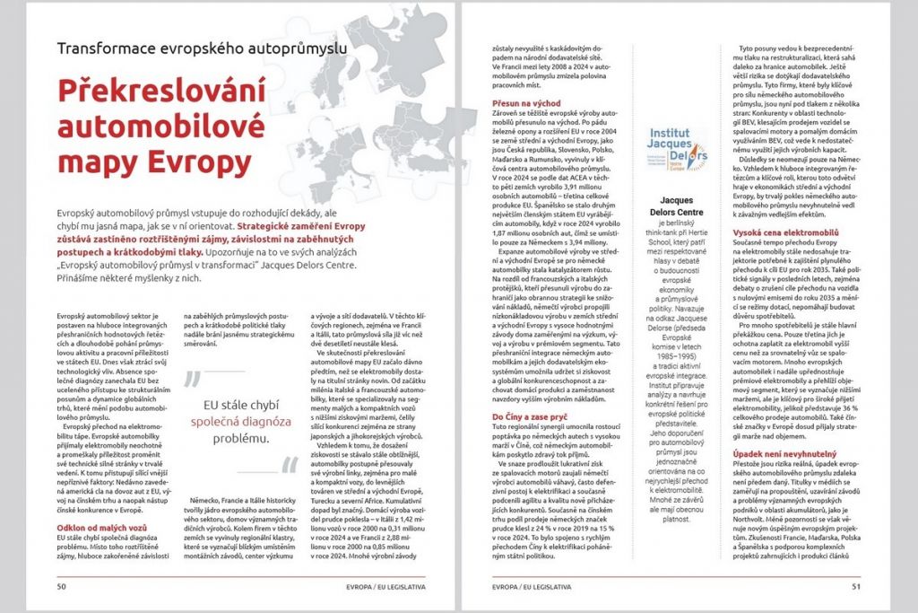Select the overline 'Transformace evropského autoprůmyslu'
(x=202, y=49)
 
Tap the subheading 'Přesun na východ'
(x=529, y=105)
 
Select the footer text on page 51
(x=521, y=587)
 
